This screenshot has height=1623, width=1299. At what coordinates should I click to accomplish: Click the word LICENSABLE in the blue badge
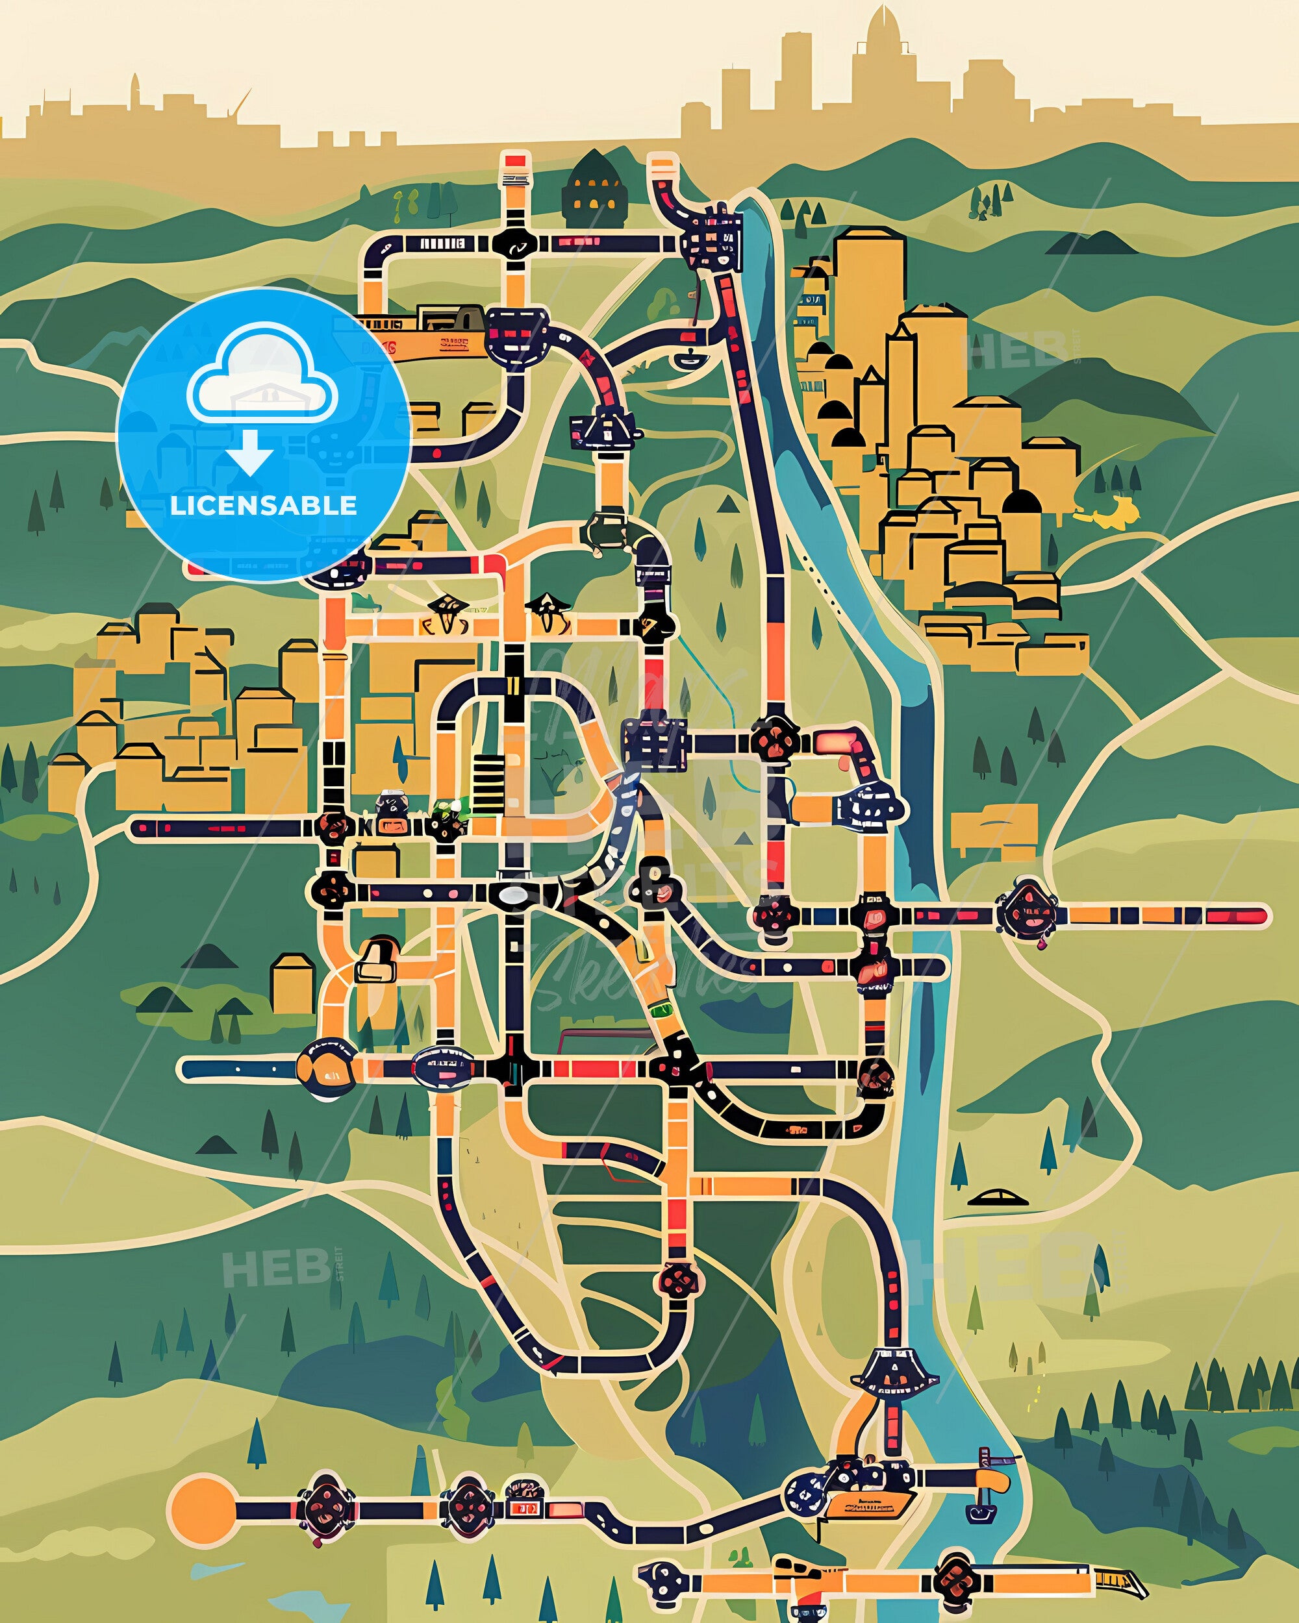(x=264, y=505)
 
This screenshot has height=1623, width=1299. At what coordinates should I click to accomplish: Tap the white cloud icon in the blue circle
(x=263, y=377)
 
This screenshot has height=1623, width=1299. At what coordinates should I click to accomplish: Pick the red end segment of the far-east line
(x=1235, y=916)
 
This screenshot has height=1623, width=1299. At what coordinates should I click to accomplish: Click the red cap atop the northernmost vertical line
(x=515, y=160)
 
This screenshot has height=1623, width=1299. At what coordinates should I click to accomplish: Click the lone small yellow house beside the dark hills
(x=292, y=983)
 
